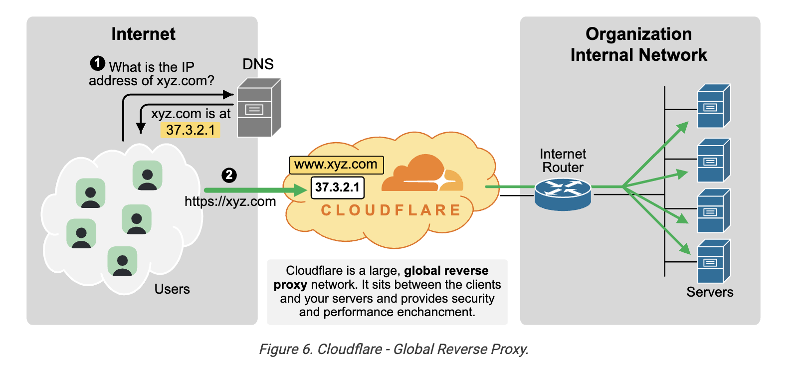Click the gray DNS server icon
(x=259, y=108)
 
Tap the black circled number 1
(x=98, y=63)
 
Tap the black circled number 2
(x=229, y=175)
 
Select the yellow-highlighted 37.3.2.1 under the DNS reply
(x=191, y=130)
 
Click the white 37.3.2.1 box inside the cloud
(x=338, y=187)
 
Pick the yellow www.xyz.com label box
(x=337, y=165)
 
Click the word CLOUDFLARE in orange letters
(x=391, y=210)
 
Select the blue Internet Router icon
(x=563, y=194)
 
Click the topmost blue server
(x=714, y=106)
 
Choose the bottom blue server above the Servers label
(x=714, y=261)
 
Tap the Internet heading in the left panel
(x=143, y=34)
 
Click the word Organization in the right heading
(x=639, y=34)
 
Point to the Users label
(x=172, y=289)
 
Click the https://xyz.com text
(x=230, y=201)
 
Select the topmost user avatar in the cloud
(x=148, y=175)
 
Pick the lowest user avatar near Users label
(x=122, y=261)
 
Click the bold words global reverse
(x=446, y=271)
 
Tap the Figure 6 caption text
(x=394, y=349)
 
